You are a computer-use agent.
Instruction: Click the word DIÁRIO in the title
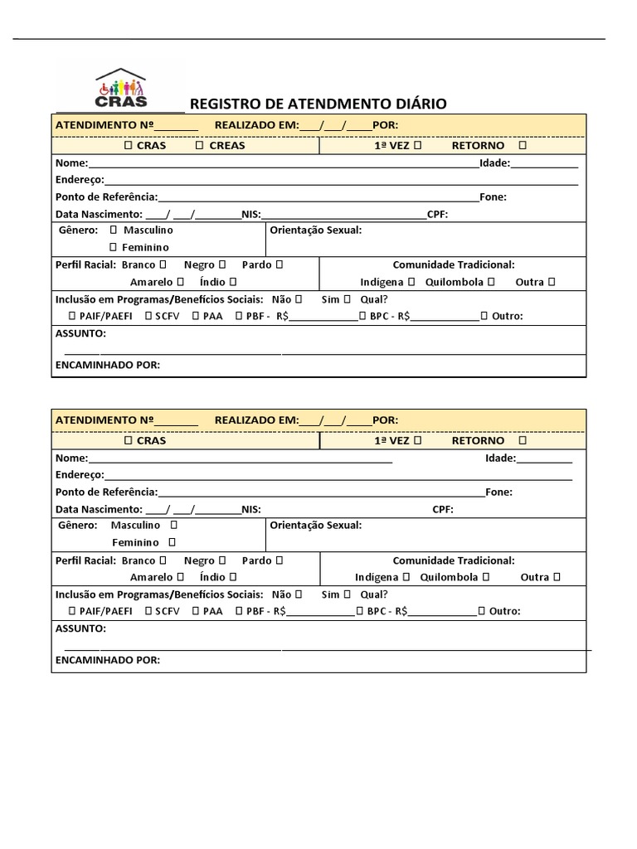(x=419, y=104)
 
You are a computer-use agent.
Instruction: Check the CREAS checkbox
(x=199, y=145)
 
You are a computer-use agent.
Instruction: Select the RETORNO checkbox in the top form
(x=522, y=145)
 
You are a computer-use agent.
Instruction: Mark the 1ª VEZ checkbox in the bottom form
(x=416, y=440)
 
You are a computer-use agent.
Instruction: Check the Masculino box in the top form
(x=113, y=230)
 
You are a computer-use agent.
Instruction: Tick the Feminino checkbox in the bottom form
(x=172, y=542)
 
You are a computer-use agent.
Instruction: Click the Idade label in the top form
(x=494, y=163)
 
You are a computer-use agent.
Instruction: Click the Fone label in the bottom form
(x=498, y=492)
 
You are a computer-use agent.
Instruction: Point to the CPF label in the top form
(x=437, y=214)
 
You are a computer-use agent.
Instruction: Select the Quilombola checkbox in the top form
(x=491, y=282)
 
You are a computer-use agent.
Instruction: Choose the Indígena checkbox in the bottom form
(x=406, y=577)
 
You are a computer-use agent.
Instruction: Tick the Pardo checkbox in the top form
(x=279, y=264)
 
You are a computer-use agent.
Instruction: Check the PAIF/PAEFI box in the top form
(x=72, y=316)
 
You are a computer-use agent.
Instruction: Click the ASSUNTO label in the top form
(x=80, y=333)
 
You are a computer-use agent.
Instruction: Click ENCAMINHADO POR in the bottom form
(x=107, y=660)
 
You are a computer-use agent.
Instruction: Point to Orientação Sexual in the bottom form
(x=316, y=525)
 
